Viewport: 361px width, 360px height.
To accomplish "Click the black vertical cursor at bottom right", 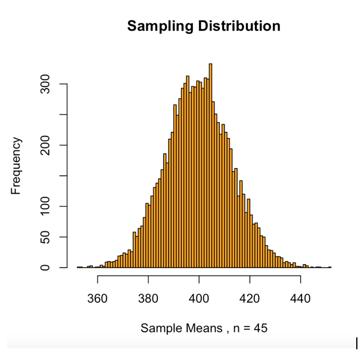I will pyautogui.click(x=356, y=343).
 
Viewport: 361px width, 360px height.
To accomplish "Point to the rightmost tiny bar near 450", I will pyautogui.click(x=329, y=267).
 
